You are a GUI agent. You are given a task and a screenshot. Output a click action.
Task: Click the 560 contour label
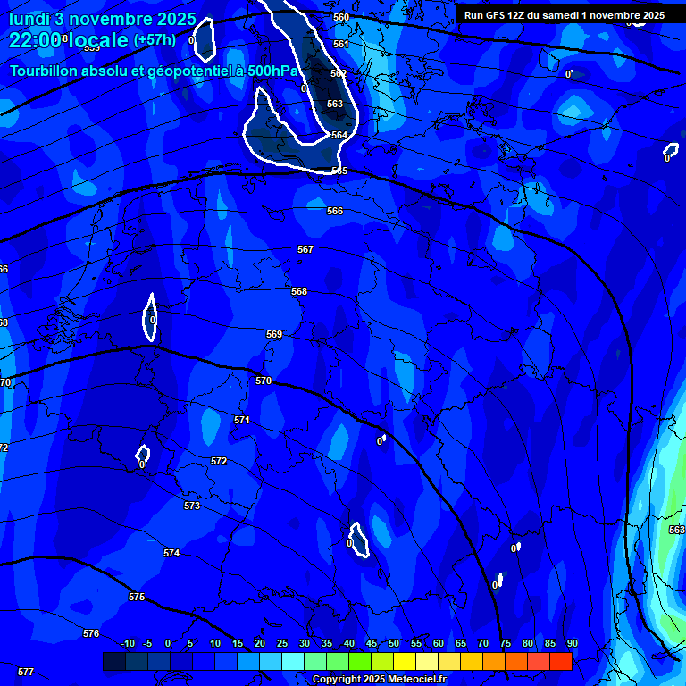(340, 18)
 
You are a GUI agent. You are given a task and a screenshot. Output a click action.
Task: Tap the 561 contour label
(340, 44)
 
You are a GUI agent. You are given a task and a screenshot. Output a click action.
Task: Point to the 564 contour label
(339, 135)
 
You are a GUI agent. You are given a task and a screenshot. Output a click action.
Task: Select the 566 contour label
(335, 211)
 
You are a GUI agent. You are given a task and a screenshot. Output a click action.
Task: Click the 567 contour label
(305, 249)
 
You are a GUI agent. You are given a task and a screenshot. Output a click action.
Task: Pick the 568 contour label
(299, 291)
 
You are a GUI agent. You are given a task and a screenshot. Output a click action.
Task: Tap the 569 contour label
(274, 334)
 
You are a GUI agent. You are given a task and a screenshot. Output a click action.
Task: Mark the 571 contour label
(242, 419)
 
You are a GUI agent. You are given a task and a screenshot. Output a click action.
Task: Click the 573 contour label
(192, 506)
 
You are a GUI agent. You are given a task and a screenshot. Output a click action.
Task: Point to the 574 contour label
(171, 553)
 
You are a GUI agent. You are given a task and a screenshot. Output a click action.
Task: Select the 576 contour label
(91, 632)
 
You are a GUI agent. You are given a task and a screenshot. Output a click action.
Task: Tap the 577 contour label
(26, 671)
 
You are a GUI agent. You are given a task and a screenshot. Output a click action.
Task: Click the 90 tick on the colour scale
(572, 643)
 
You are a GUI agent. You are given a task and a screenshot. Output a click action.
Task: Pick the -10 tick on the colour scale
(128, 643)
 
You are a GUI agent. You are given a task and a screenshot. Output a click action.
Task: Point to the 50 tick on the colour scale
(394, 643)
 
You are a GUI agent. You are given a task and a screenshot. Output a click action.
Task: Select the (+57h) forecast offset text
(155, 40)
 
